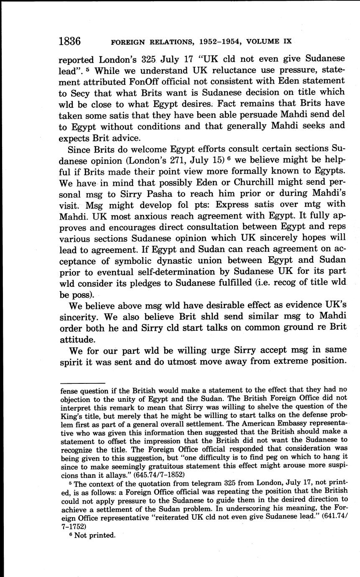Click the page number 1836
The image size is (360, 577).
point(69,41)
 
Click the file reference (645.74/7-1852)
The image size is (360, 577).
point(161,475)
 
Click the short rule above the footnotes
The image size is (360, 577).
point(82,383)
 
